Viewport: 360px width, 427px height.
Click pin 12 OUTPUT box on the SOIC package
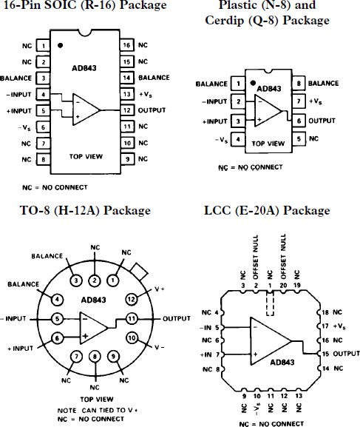click(x=127, y=110)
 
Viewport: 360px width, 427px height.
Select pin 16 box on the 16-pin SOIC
click(x=127, y=45)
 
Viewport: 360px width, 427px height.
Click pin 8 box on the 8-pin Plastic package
click(x=298, y=84)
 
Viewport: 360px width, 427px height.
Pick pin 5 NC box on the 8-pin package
click(x=298, y=138)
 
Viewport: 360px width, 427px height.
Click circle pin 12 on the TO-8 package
click(x=132, y=299)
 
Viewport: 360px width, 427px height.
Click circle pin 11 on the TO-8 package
click(x=132, y=319)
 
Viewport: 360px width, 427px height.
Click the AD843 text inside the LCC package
click(x=284, y=363)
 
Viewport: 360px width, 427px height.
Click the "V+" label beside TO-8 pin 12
click(x=157, y=289)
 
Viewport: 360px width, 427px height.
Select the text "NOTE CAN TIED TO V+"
click(x=97, y=409)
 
